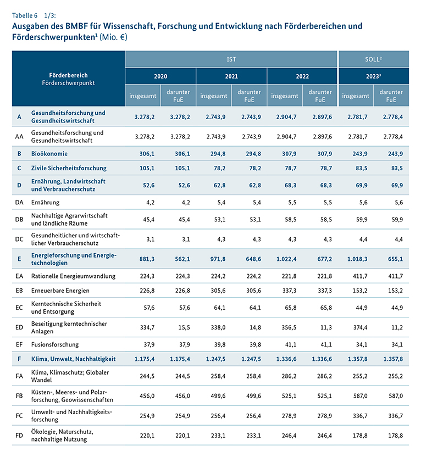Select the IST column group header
[231, 58]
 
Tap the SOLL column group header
[373, 58]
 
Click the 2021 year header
[231, 76]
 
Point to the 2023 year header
[373, 76]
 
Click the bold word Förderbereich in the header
[68, 75]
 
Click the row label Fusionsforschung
[55, 344]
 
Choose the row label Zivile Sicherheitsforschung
[69, 168]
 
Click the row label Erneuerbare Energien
[60, 289]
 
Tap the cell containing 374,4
[357, 327]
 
